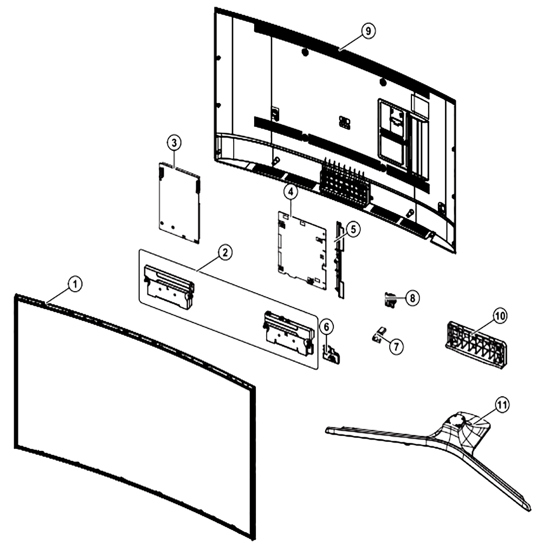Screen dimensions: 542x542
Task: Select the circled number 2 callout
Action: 225,253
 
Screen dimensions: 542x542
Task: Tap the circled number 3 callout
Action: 174,143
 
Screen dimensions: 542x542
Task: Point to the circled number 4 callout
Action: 291,192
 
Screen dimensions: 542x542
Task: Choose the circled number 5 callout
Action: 353,229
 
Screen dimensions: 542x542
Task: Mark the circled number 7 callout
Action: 396,346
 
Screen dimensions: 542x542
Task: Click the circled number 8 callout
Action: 412,298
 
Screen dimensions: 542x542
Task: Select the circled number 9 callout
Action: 369,31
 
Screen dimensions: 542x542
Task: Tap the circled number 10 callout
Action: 500,315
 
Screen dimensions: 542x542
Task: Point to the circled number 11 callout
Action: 502,404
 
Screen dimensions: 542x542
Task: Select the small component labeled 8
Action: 391,300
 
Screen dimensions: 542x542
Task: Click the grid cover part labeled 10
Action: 476,343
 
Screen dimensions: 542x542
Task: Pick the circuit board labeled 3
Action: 179,203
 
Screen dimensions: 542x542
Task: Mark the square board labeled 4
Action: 302,250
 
